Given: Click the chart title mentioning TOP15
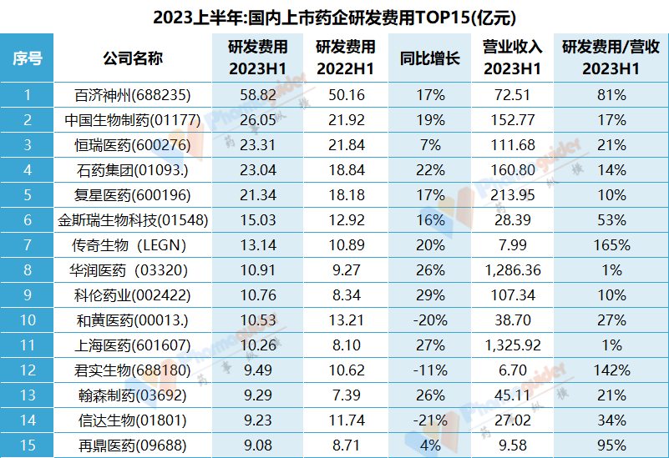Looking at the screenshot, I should [334, 16].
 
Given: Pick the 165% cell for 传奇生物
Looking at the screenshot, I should [611, 245].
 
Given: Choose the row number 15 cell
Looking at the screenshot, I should [28, 445].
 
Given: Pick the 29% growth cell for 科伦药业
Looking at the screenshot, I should [430, 295].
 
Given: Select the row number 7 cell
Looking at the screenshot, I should [28, 245].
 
